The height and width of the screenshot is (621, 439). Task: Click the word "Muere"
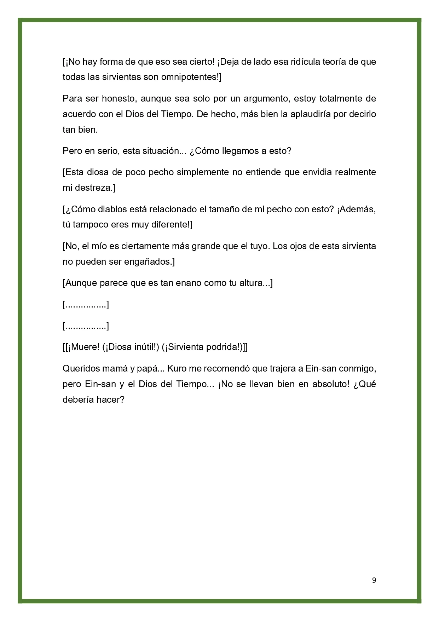pyautogui.click(x=85, y=347)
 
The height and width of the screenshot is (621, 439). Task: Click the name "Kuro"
pyautogui.click(x=176, y=369)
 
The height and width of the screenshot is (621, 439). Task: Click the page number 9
pyautogui.click(x=374, y=580)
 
